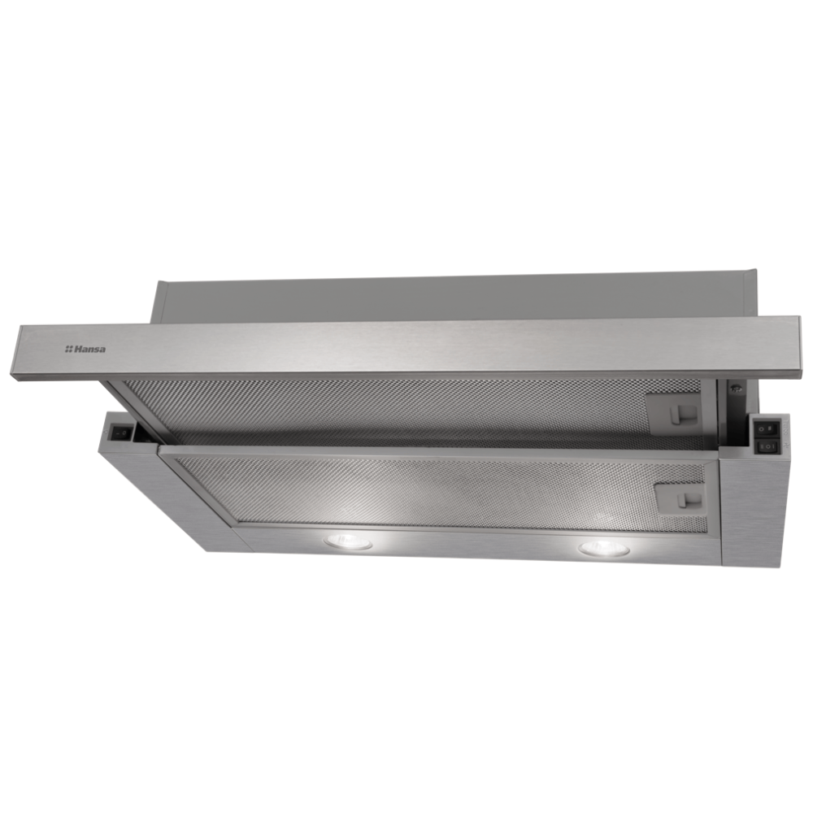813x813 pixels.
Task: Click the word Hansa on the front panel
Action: click(x=89, y=349)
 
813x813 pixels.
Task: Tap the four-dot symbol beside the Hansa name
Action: click(x=68, y=350)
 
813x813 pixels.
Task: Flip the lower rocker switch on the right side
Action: click(x=768, y=446)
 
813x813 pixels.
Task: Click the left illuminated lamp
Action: click(x=348, y=541)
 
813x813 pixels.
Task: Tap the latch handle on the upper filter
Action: click(x=679, y=413)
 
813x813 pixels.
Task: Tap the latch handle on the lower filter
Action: click(x=688, y=500)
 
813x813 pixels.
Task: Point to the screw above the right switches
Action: click(x=737, y=388)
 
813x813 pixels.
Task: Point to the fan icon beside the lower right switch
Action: click(x=786, y=446)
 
